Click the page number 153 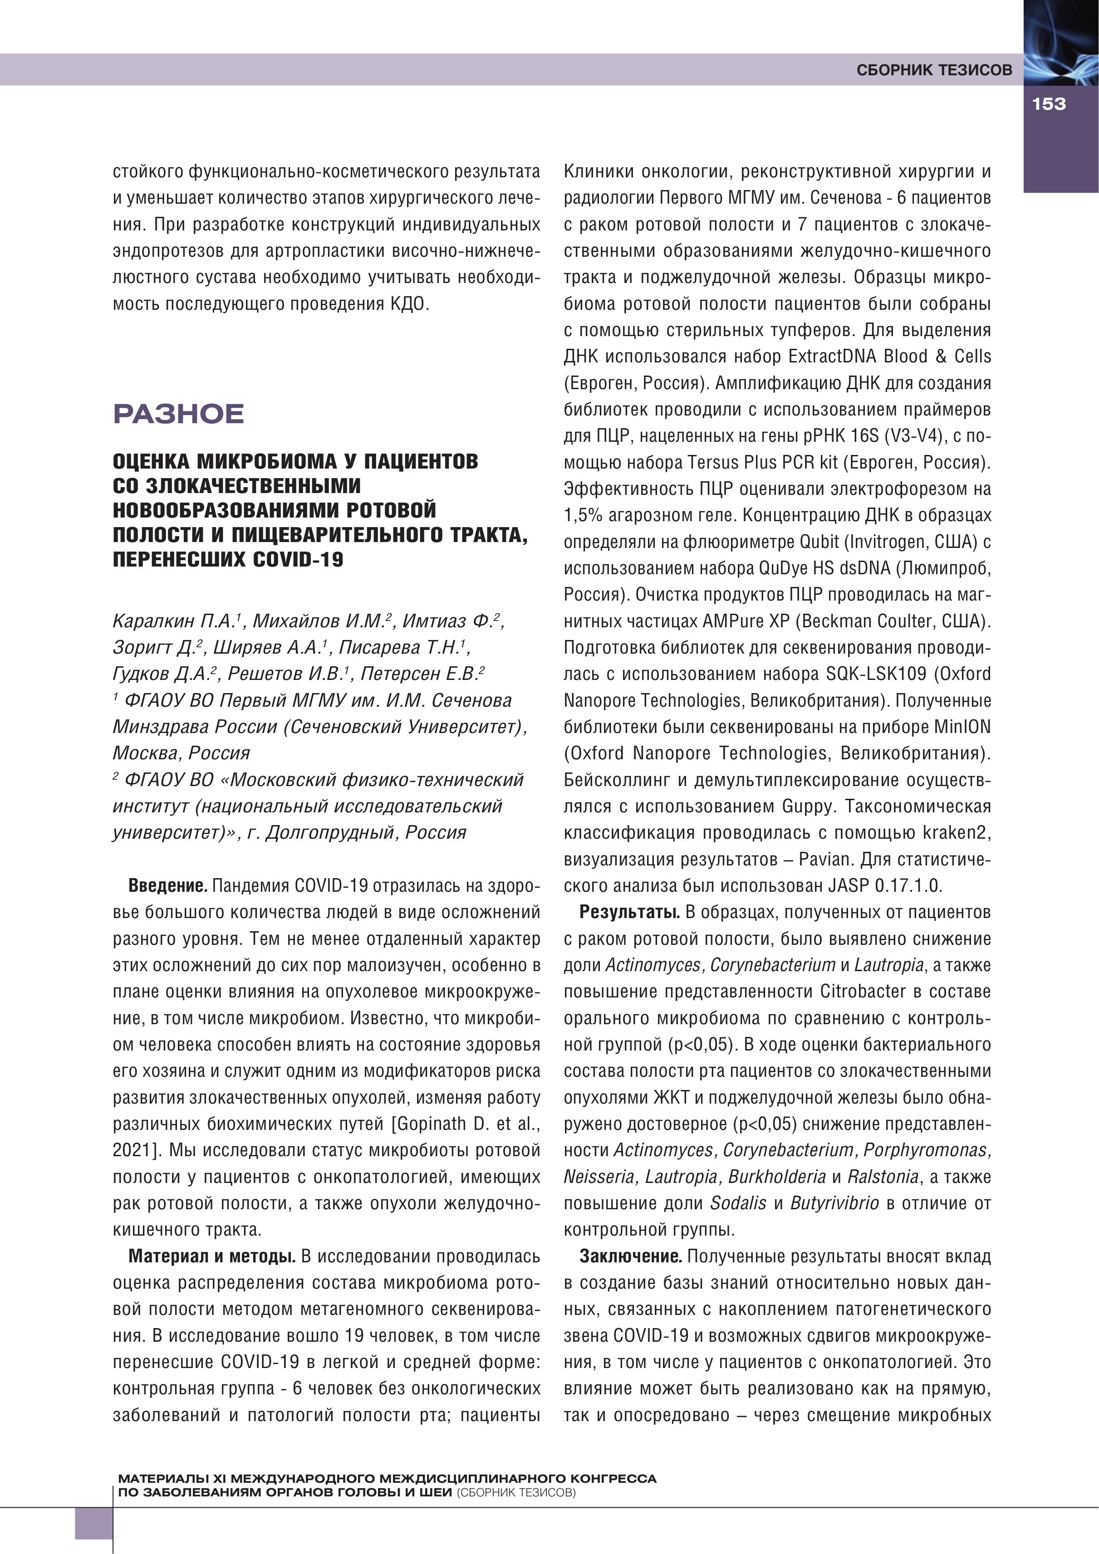click(1049, 104)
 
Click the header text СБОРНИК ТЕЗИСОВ click(934, 70)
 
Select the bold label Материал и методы click(212, 1256)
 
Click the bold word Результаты click(629, 912)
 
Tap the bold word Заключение click(630, 1256)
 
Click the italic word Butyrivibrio click(834, 1203)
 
